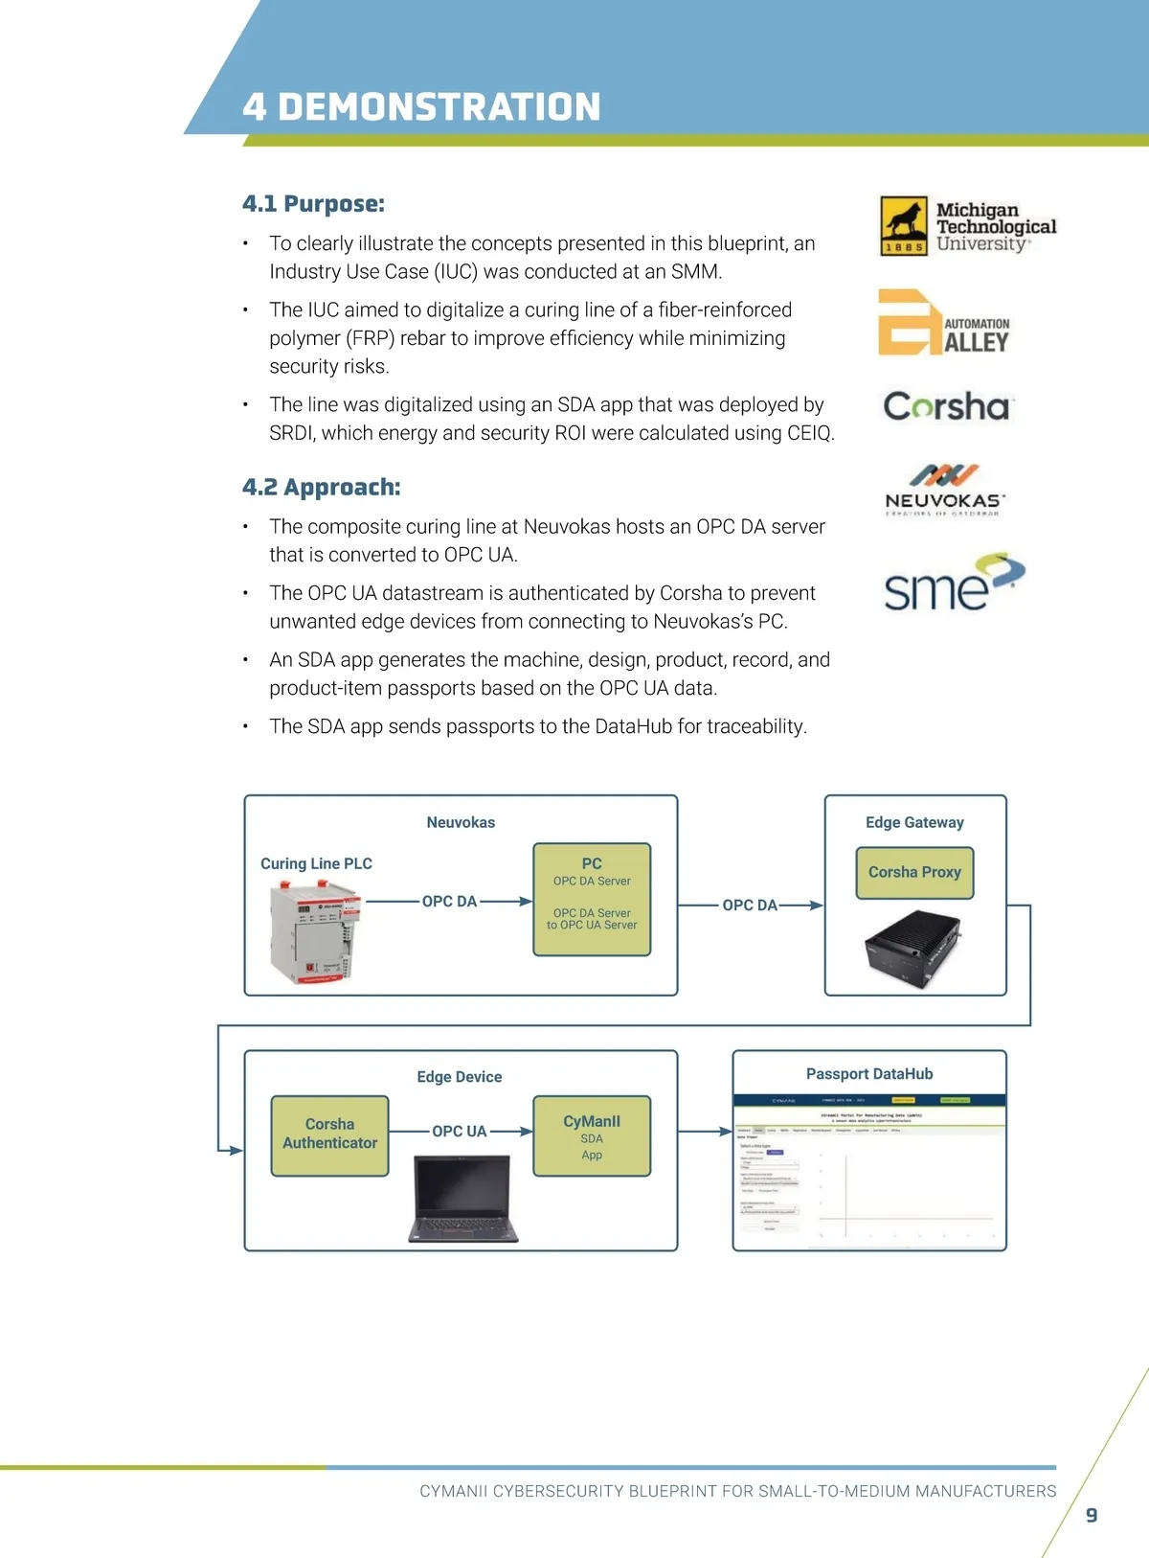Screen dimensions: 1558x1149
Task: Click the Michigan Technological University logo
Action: point(967,226)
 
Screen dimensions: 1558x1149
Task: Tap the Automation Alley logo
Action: point(944,324)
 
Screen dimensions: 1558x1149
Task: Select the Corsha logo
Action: point(946,406)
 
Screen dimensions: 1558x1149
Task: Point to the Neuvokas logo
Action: point(944,490)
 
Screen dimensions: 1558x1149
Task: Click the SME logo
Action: point(953,583)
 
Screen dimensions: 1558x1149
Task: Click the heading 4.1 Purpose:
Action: point(313,204)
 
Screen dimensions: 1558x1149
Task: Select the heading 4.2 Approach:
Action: point(321,487)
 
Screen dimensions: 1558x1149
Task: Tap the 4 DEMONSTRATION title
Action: point(421,106)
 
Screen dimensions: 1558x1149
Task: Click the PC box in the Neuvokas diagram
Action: point(592,899)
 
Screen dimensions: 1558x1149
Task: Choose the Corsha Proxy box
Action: point(914,872)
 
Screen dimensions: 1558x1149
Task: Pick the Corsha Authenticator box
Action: point(329,1134)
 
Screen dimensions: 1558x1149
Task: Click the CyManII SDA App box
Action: point(592,1135)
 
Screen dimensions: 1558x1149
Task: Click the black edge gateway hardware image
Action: point(912,948)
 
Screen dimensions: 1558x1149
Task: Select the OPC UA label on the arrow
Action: point(460,1132)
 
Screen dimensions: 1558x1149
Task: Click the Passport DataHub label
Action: point(869,1074)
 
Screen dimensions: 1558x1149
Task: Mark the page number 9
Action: point(1092,1515)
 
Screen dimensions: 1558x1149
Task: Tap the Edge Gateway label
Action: point(914,822)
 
